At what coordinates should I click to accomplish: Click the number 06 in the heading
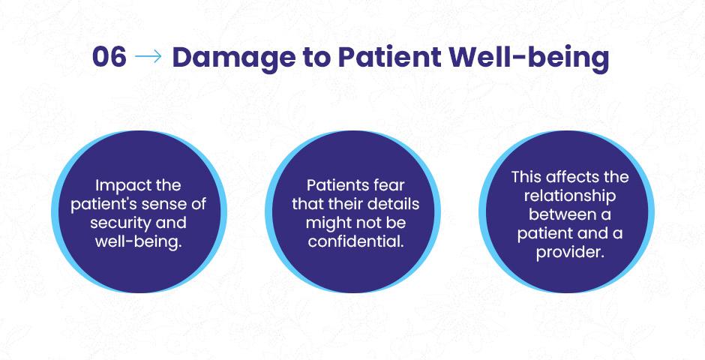(x=109, y=57)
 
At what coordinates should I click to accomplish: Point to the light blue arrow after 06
(x=148, y=57)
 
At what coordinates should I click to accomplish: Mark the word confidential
(x=355, y=241)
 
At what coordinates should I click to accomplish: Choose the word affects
(x=572, y=177)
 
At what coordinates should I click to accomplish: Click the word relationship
(x=570, y=196)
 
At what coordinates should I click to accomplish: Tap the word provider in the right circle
(x=570, y=253)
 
